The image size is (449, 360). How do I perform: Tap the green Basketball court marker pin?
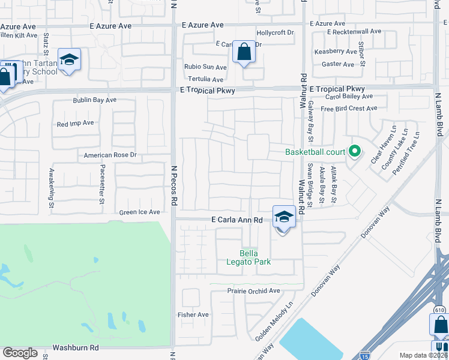pos(355,151)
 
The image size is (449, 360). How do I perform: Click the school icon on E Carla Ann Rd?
pos(283,217)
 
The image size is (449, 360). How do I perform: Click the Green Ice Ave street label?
pos(140,212)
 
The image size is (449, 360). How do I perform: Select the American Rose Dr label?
pos(111,155)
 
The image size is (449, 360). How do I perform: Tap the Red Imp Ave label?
pos(76,124)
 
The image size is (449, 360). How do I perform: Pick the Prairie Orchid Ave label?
pos(254,291)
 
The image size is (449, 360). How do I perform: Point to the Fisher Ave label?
pos(193,314)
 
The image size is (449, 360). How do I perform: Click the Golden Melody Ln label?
pos(274,322)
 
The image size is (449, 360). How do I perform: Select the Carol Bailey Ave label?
pos(346,97)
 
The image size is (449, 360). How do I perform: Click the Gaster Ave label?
pos(338,64)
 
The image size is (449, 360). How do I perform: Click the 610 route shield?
pos(439,310)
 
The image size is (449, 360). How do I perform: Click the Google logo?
pos(20,353)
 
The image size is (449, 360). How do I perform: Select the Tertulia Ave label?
pos(205,79)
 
